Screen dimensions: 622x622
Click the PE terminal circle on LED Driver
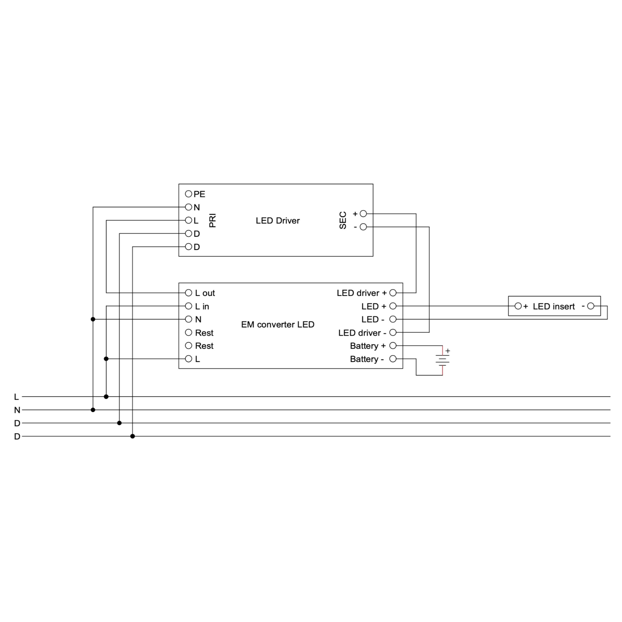pyautogui.click(x=188, y=194)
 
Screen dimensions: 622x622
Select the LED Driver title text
pyautogui.click(x=277, y=220)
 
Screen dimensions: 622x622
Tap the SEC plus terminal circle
pyautogui.click(x=363, y=213)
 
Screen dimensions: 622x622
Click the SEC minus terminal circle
pyautogui.click(x=363, y=227)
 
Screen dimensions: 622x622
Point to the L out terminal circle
pyautogui.click(x=188, y=293)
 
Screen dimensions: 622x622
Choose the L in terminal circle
pyautogui.click(x=188, y=306)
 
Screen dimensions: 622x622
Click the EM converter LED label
pyautogui.click(x=277, y=324)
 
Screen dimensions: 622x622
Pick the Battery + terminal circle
pyautogui.click(x=393, y=345)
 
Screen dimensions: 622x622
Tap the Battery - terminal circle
pyautogui.click(x=393, y=359)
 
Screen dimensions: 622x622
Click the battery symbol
pyautogui.click(x=443, y=360)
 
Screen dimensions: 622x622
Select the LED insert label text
pyautogui.click(x=554, y=306)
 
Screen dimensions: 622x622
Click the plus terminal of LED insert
pyautogui.click(x=518, y=306)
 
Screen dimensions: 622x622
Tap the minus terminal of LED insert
pyautogui.click(x=590, y=306)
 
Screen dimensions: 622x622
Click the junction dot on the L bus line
pyautogui.click(x=106, y=397)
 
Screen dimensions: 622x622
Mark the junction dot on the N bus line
pyautogui.click(x=93, y=410)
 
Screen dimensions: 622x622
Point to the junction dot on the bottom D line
pyautogui.click(x=133, y=436)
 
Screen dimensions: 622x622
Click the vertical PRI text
pyautogui.click(x=212, y=220)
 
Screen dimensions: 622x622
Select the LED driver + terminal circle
pyautogui.click(x=393, y=293)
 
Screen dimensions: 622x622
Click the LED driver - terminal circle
pyautogui.click(x=393, y=332)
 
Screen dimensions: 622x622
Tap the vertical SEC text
pyautogui.click(x=343, y=220)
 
